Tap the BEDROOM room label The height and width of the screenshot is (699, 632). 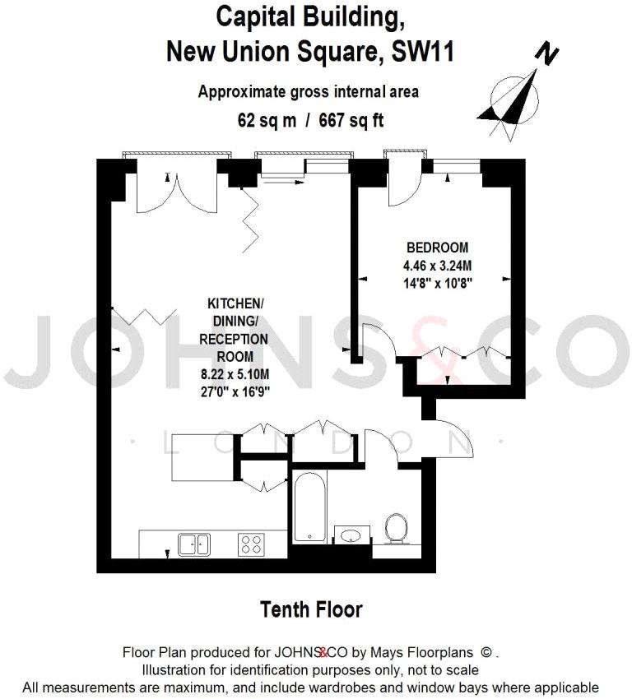pos(437,248)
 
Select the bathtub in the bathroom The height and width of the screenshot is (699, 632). pos(309,507)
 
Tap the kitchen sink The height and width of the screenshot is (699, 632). pos(195,543)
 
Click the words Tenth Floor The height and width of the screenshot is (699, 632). pos(311,609)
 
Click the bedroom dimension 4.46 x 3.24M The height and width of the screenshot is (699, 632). pos(437,265)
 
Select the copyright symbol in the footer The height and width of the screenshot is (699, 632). pos(487,653)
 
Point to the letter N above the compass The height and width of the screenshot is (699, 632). pos(546,54)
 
